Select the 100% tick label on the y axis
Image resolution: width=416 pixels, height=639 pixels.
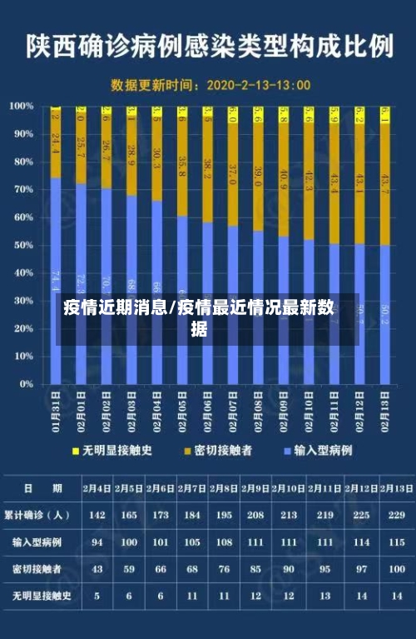[x=20, y=106]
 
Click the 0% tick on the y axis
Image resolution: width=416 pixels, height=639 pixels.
[x=25, y=384]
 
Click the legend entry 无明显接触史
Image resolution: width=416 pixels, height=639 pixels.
[x=116, y=450]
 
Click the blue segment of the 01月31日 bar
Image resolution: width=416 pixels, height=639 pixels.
[x=56, y=250]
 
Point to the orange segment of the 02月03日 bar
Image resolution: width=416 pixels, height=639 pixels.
[x=131, y=158]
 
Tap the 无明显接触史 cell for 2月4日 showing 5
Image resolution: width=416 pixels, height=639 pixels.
[x=97, y=597]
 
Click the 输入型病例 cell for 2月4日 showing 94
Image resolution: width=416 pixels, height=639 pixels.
[x=97, y=542]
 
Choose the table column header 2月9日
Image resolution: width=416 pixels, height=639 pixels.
[x=255, y=488]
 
